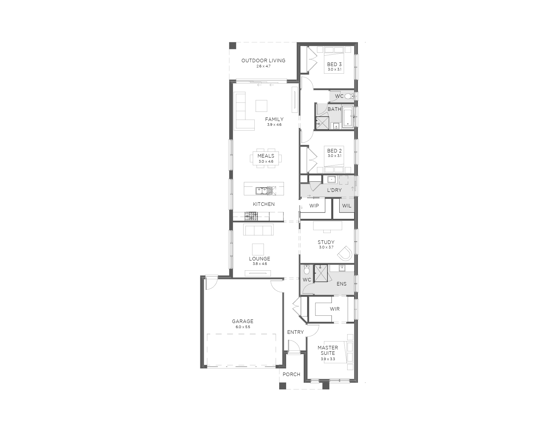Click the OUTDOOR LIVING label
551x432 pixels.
pyautogui.click(x=263, y=60)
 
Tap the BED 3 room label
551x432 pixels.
pyautogui.click(x=334, y=64)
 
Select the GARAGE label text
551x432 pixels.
pyautogui.click(x=243, y=321)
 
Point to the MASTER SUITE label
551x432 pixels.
pyautogui.click(x=327, y=350)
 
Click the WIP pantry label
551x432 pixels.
pyautogui.click(x=314, y=206)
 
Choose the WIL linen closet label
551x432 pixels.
pyautogui.click(x=347, y=206)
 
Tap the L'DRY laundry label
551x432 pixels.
pyautogui.click(x=334, y=190)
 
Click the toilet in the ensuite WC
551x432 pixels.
pyautogui.click(x=306, y=269)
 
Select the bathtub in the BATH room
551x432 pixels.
pyautogui.click(x=348, y=117)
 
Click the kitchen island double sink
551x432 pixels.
pyautogui.click(x=264, y=191)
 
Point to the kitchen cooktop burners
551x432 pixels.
pyautogui.click(x=251, y=217)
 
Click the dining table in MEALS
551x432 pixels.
pyautogui.click(x=266, y=158)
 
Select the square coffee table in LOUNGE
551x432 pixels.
pyautogui.click(x=258, y=249)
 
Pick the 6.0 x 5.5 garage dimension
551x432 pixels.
pyautogui.click(x=243, y=327)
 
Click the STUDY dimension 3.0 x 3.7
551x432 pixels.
pyautogui.click(x=326, y=247)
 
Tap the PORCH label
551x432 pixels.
pyautogui.click(x=291, y=375)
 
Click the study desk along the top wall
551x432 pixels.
pyautogui.click(x=327, y=225)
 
